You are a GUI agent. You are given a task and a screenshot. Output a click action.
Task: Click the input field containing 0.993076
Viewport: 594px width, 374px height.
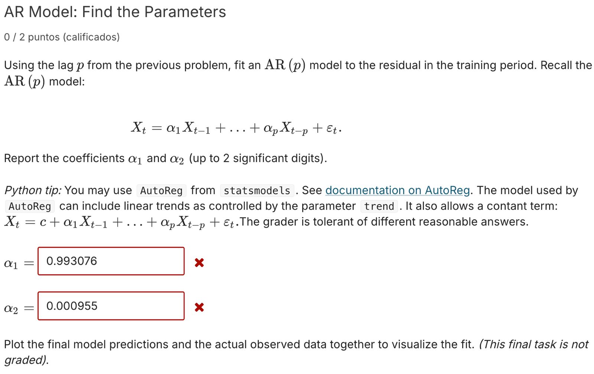pyautogui.click(x=111, y=261)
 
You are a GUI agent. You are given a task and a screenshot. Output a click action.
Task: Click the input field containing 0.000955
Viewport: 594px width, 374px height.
pyautogui.click(x=111, y=306)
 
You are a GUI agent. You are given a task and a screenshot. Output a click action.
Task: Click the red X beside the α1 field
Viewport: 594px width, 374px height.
pyautogui.click(x=199, y=263)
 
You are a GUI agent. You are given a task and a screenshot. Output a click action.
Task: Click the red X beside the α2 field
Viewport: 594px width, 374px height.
pyautogui.click(x=199, y=307)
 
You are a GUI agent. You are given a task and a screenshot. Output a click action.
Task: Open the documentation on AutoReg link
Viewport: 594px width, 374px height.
pyautogui.click(x=397, y=190)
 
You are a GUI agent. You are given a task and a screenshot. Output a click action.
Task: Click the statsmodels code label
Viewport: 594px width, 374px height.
pyautogui.click(x=257, y=191)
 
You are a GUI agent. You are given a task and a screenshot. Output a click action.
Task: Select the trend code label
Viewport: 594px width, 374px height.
pyautogui.click(x=379, y=206)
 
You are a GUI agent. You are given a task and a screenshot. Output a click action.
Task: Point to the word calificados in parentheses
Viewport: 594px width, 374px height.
pyautogui.click(x=91, y=37)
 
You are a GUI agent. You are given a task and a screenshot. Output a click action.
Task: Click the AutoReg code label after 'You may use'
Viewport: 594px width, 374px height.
pyautogui.click(x=161, y=191)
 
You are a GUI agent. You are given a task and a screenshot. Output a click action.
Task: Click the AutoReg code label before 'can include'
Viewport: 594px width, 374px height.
pyautogui.click(x=30, y=206)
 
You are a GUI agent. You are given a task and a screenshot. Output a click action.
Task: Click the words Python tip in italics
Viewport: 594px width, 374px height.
pyautogui.click(x=33, y=190)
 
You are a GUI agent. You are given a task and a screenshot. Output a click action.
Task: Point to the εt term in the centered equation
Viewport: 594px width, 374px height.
pyautogui.click(x=332, y=129)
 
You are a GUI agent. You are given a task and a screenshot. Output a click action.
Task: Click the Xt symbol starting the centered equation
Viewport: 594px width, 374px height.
pyautogui.click(x=138, y=128)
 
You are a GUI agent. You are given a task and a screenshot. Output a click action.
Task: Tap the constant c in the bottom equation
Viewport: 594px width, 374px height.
pyautogui.click(x=43, y=222)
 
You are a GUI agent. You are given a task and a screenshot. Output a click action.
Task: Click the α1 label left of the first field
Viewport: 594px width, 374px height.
pyautogui.click(x=10, y=264)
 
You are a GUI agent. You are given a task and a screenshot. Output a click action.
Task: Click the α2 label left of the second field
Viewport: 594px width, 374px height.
pyautogui.click(x=10, y=309)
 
